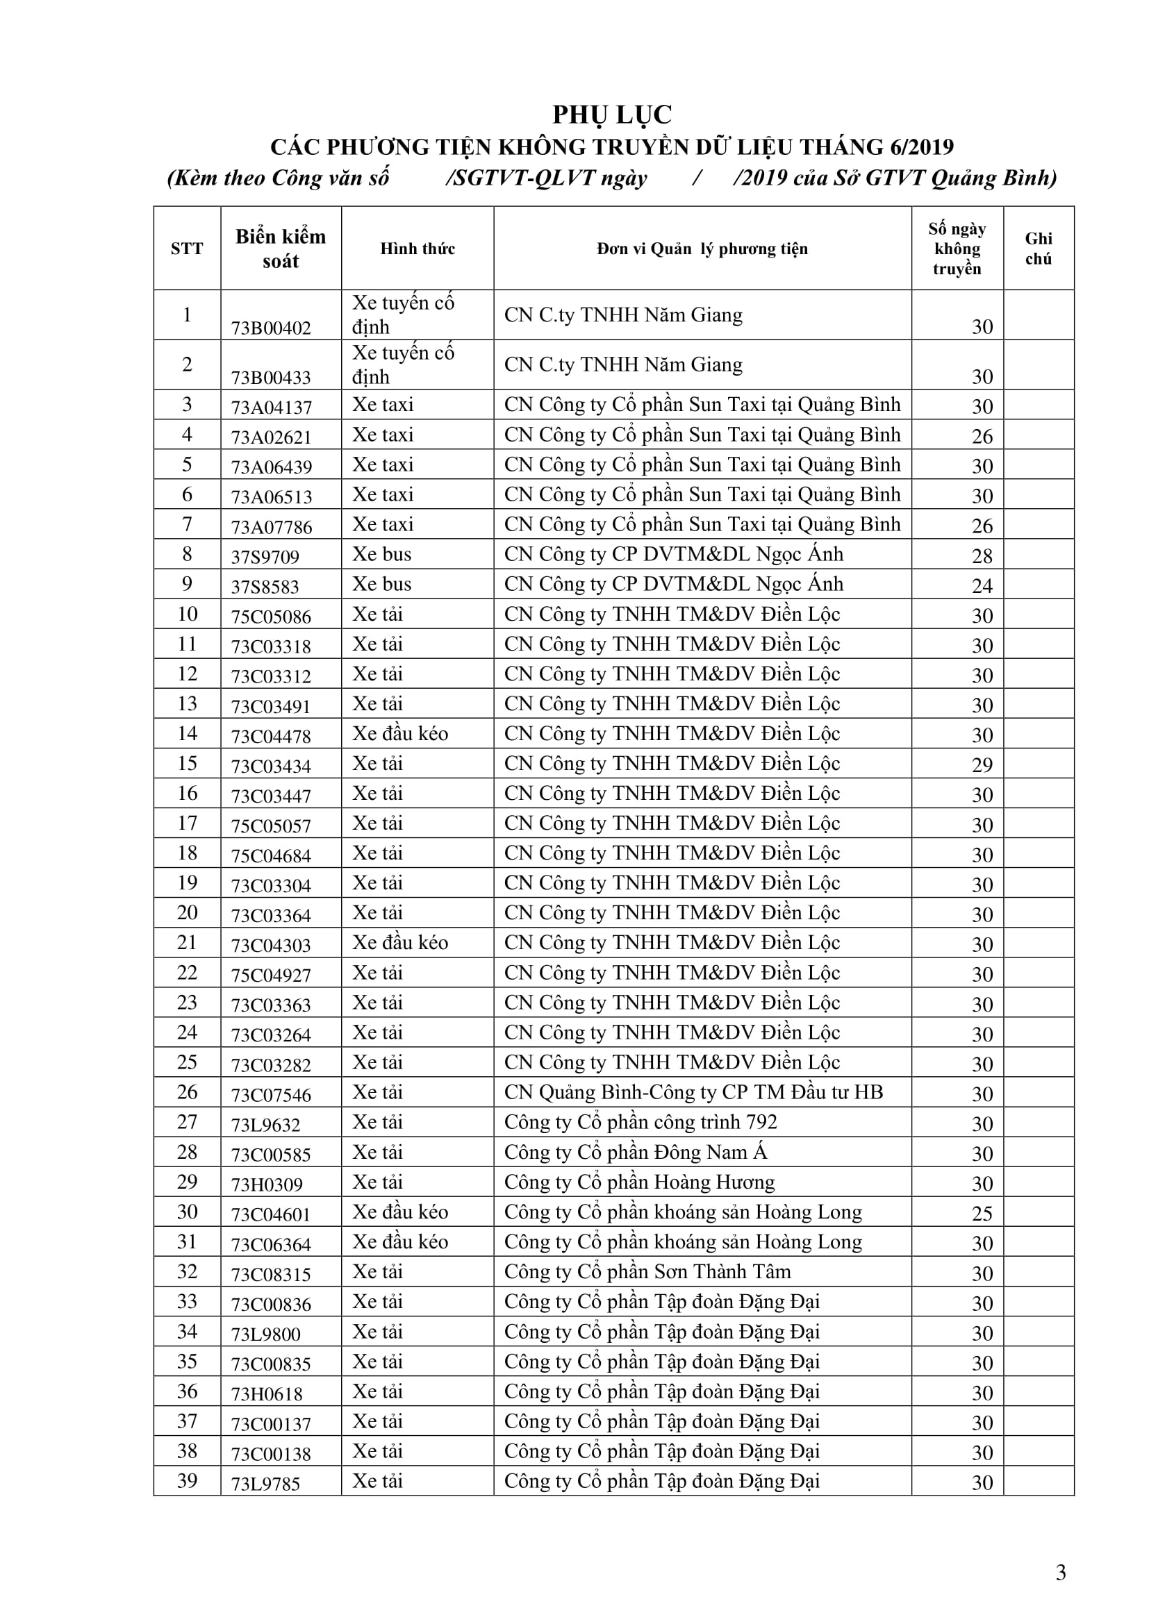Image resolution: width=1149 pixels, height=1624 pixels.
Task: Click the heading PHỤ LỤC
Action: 612,115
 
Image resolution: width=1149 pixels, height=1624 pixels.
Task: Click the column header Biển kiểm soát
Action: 281,249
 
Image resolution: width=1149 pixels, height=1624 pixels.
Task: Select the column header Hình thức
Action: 418,249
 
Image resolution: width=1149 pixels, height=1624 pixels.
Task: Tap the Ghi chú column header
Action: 1038,249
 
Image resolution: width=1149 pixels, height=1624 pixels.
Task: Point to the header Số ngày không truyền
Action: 957,249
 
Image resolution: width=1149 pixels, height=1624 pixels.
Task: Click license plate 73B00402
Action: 271,328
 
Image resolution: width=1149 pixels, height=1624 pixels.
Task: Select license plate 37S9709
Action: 265,558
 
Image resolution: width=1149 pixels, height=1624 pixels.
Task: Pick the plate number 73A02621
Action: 271,438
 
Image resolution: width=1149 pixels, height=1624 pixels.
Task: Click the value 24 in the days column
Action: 982,587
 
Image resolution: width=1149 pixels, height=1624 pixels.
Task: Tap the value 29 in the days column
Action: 982,765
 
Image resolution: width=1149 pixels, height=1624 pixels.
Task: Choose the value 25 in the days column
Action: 982,1214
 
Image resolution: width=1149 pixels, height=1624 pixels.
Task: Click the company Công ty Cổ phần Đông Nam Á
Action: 636,1153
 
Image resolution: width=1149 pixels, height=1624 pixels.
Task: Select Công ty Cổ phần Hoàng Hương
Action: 639,1182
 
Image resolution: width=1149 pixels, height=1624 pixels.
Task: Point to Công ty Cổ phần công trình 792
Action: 640,1123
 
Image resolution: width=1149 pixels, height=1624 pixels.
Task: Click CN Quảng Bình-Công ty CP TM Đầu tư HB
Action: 693,1093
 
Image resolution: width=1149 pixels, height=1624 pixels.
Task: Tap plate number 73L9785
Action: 266,1484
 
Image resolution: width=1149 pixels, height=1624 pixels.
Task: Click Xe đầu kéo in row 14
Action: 399,734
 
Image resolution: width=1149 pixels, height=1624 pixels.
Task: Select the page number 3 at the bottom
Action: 1061,1573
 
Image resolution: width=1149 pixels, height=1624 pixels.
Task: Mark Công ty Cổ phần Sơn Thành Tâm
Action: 647,1273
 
